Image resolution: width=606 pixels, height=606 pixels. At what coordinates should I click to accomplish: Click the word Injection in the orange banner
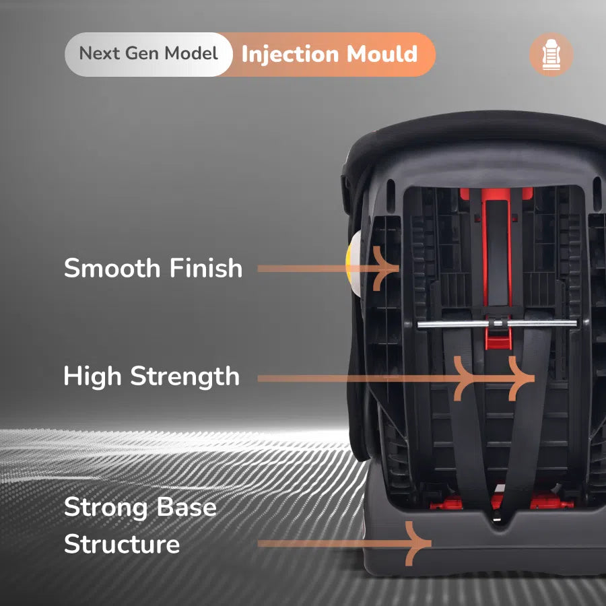pyautogui.click(x=290, y=54)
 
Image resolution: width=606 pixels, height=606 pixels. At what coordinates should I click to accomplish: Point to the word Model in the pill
pyautogui.click(x=191, y=53)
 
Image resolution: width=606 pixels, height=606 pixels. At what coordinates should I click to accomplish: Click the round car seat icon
pyautogui.click(x=551, y=54)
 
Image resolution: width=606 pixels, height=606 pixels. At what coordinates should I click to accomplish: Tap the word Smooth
pyautogui.click(x=112, y=268)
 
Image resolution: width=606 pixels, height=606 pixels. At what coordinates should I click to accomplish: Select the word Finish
pyautogui.click(x=205, y=268)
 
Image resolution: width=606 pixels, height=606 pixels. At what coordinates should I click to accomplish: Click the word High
pyautogui.click(x=92, y=376)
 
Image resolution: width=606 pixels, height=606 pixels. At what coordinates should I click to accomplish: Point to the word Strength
pyautogui.click(x=184, y=376)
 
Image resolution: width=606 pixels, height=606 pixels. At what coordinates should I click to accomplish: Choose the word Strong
pyautogui.click(x=106, y=508)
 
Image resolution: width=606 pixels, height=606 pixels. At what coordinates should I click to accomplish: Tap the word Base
pyautogui.click(x=187, y=506)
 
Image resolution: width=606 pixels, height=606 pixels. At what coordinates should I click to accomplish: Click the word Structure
pyautogui.click(x=122, y=544)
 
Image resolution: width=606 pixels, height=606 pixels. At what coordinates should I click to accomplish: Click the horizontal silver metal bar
pyautogui.click(x=497, y=324)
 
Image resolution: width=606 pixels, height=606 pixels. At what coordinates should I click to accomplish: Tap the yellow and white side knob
pyautogui.click(x=353, y=264)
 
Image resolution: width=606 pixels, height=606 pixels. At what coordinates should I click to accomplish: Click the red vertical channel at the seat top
pyautogui.click(x=497, y=247)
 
